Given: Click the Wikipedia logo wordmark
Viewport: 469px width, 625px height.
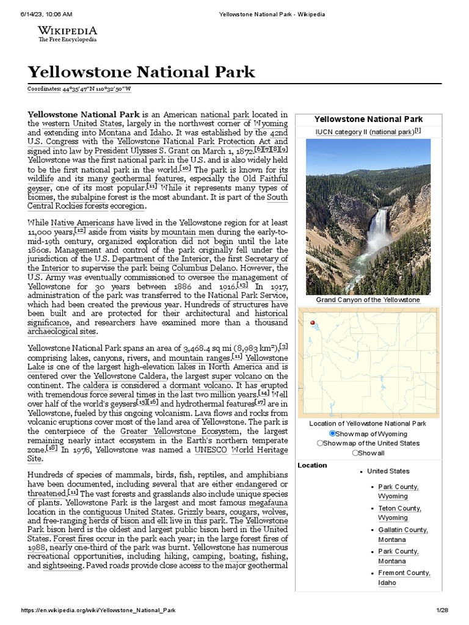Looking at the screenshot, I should click(x=67, y=31).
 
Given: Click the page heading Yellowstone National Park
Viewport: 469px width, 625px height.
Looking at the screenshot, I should click(x=141, y=72).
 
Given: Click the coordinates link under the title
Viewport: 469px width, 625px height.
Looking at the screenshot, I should click(x=79, y=89).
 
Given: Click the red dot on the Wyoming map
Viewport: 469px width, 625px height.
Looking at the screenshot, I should click(x=312, y=323).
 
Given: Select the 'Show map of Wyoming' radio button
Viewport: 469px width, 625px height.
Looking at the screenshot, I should click(x=333, y=433).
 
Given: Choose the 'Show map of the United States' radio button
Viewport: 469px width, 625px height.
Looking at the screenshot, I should click(x=320, y=443).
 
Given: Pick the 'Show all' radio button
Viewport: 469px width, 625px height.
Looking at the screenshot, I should click(x=355, y=453).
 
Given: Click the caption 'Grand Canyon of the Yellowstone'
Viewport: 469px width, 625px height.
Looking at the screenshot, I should click(x=368, y=300).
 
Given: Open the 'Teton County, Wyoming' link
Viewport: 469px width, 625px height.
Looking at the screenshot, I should click(x=399, y=513).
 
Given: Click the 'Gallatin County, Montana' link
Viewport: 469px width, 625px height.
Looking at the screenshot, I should click(x=402, y=535).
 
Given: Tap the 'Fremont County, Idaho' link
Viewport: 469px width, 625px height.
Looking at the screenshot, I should click(x=404, y=577).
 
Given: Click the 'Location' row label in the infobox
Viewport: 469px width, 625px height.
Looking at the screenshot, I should click(x=312, y=465).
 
